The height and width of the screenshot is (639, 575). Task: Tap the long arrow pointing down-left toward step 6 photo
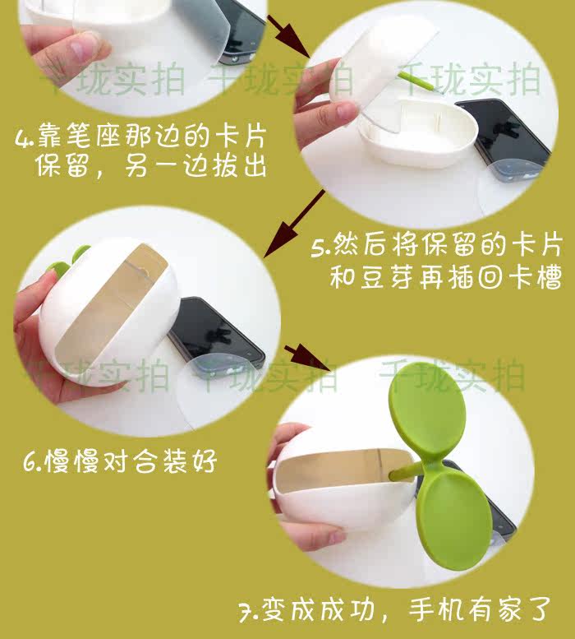point(294,224)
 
